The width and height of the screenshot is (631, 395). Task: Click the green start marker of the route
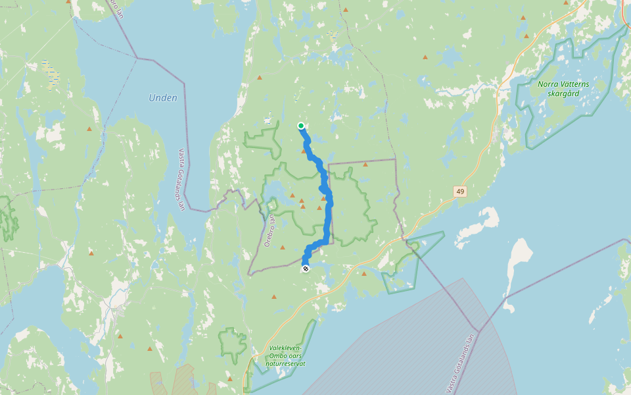click(x=300, y=126)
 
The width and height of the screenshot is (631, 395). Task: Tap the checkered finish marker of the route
click(x=305, y=269)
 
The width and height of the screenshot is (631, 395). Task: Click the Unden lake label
click(x=163, y=98)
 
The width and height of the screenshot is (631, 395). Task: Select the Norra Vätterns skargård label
click(x=563, y=88)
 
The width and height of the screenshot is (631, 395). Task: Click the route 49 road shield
click(x=459, y=191)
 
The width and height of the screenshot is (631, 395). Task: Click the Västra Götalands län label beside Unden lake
click(x=182, y=178)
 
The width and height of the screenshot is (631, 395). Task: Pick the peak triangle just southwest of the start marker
click(x=304, y=151)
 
